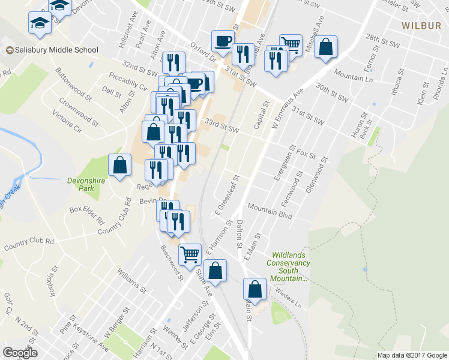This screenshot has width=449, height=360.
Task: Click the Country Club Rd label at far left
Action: pyautogui.click(x=28, y=245)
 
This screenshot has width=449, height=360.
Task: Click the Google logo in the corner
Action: pyautogui.click(x=20, y=353)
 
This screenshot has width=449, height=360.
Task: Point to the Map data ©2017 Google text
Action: pyautogui.click(x=412, y=355)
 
